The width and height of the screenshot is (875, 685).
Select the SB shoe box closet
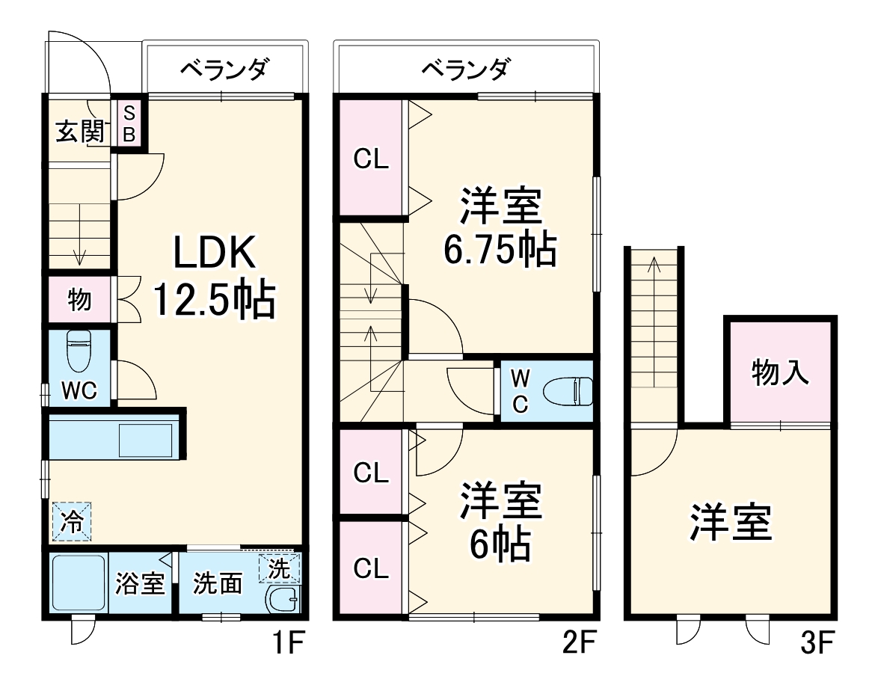click(x=129, y=124)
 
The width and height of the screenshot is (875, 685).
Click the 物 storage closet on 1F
click(x=80, y=300)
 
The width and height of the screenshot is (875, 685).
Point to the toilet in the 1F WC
click(x=79, y=351)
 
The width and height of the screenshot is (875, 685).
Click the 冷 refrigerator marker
click(x=72, y=520)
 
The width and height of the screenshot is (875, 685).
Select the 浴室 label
click(x=139, y=584)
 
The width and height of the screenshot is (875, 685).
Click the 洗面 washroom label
click(x=218, y=584)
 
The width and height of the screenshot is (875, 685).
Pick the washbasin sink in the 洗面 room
click(x=283, y=600)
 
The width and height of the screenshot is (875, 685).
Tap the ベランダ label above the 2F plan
click(x=466, y=70)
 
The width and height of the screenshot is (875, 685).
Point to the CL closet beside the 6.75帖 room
click(x=371, y=159)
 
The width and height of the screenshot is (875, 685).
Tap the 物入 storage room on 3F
click(x=780, y=372)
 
